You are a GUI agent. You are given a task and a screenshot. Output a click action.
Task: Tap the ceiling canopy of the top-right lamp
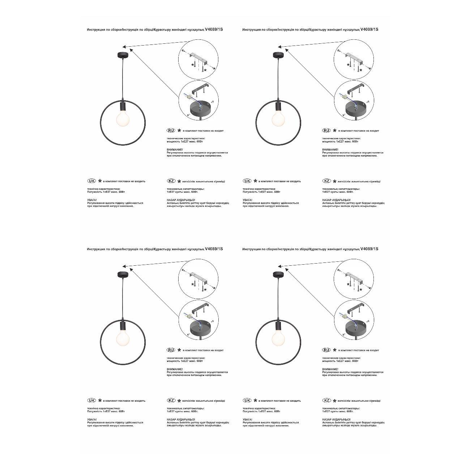(278, 55)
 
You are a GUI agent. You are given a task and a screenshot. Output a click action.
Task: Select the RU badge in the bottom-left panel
(171, 350)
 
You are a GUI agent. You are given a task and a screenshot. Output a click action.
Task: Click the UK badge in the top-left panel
(92, 181)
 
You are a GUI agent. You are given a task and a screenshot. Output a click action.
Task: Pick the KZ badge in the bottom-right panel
(326, 401)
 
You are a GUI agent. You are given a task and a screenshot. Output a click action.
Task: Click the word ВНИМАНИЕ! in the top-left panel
(175, 149)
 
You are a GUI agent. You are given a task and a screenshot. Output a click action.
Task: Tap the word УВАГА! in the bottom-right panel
(247, 419)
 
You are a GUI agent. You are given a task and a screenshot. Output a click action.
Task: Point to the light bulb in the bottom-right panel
(278, 338)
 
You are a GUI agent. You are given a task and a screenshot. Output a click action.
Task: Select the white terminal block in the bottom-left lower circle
(187, 317)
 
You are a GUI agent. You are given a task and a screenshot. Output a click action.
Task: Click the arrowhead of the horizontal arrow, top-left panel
(124, 47)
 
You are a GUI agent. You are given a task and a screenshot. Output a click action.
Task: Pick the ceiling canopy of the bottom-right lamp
(278, 274)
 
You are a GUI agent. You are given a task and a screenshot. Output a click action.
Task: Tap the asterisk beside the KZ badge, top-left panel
(179, 181)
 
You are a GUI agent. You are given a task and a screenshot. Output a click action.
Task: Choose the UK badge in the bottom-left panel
(92, 401)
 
